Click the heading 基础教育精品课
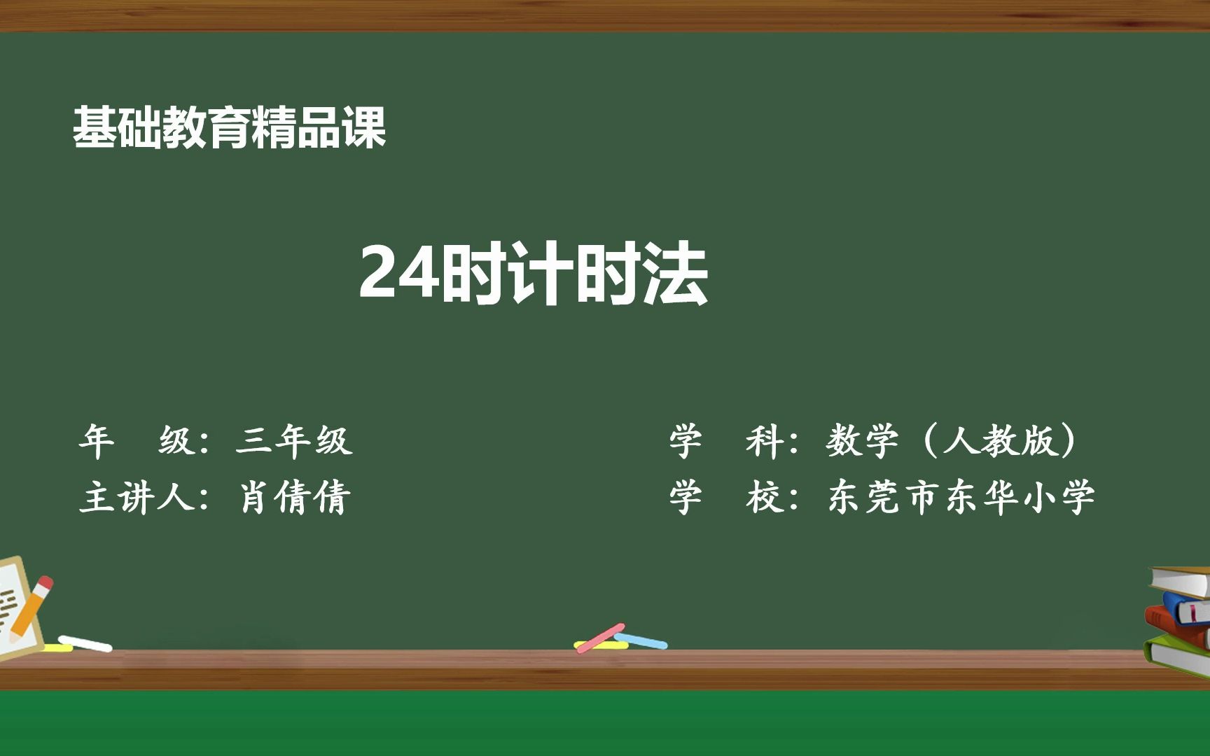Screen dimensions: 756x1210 [229, 127]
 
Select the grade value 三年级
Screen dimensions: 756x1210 [294, 441]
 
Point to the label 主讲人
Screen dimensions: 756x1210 [137, 498]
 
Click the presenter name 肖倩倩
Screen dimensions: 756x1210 [294, 498]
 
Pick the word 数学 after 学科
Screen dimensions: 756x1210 [862, 441]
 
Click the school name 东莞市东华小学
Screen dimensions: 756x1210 [961, 498]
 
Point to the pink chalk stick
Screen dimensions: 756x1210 [599, 638]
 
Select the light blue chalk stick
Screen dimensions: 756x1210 [641, 640]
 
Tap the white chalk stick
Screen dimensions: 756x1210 [85, 643]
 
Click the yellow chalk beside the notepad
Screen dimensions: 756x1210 [56, 648]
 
